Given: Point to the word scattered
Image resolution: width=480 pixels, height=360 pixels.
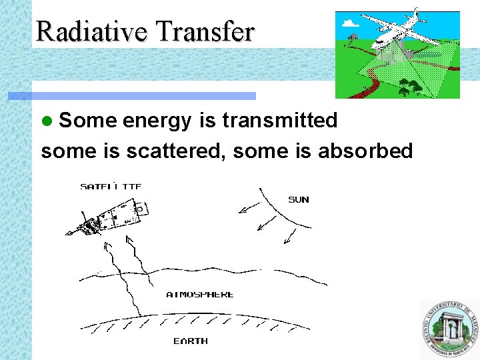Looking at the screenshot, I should pyautogui.click(x=176, y=151).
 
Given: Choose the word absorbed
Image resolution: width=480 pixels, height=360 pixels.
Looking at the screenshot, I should pyautogui.click(x=365, y=151).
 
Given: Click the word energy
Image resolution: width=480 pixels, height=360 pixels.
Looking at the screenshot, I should pyautogui.click(x=157, y=121).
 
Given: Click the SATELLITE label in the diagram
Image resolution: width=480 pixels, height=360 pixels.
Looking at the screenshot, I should pyautogui.click(x=110, y=187).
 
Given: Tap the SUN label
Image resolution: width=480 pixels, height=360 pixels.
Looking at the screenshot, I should pyautogui.click(x=298, y=199).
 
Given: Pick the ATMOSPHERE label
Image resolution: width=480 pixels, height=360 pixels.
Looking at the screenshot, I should pyautogui.click(x=200, y=294).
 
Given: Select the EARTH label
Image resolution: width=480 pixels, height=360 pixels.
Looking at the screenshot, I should pyautogui.click(x=191, y=341).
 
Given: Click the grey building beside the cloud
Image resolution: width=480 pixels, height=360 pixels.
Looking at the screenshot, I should pyautogui.click(x=353, y=36).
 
